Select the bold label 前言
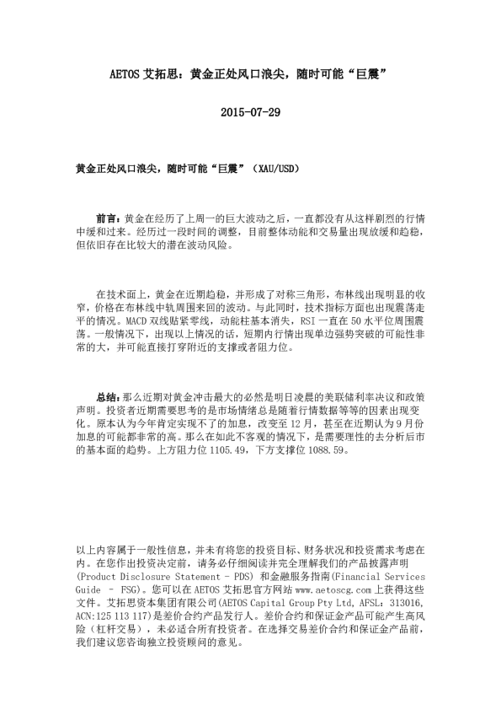109,218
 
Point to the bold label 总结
109,395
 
